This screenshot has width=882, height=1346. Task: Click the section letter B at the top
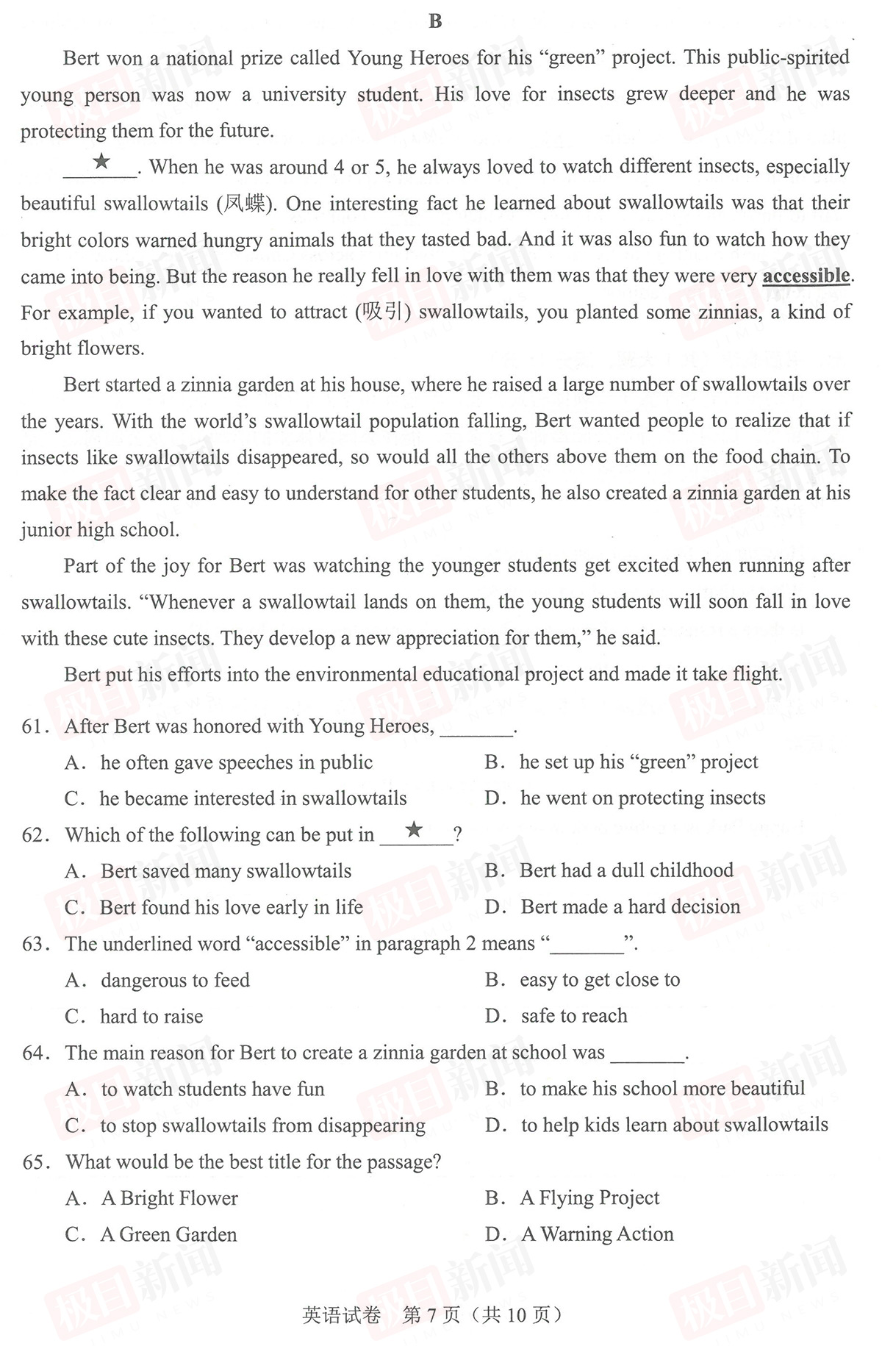435,21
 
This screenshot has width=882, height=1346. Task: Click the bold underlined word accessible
806,276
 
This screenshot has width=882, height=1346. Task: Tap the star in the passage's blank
101,161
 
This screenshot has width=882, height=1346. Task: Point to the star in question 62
415,830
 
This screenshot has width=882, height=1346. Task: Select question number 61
34,726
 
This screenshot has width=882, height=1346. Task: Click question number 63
34,944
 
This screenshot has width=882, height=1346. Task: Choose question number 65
34,1162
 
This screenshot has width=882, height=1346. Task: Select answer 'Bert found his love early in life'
231,908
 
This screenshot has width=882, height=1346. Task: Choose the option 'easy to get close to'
599,980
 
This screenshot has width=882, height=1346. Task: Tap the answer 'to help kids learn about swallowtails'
674,1125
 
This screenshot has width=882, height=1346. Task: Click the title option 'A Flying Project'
589,1198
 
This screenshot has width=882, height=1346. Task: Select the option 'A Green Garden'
168,1234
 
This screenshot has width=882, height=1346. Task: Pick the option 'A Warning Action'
597,1234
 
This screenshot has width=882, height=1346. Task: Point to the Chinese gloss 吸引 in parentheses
383,312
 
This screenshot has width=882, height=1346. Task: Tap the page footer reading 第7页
432,1314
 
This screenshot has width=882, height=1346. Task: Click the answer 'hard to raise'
151,1017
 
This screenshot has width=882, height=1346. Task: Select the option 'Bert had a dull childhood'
626,870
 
